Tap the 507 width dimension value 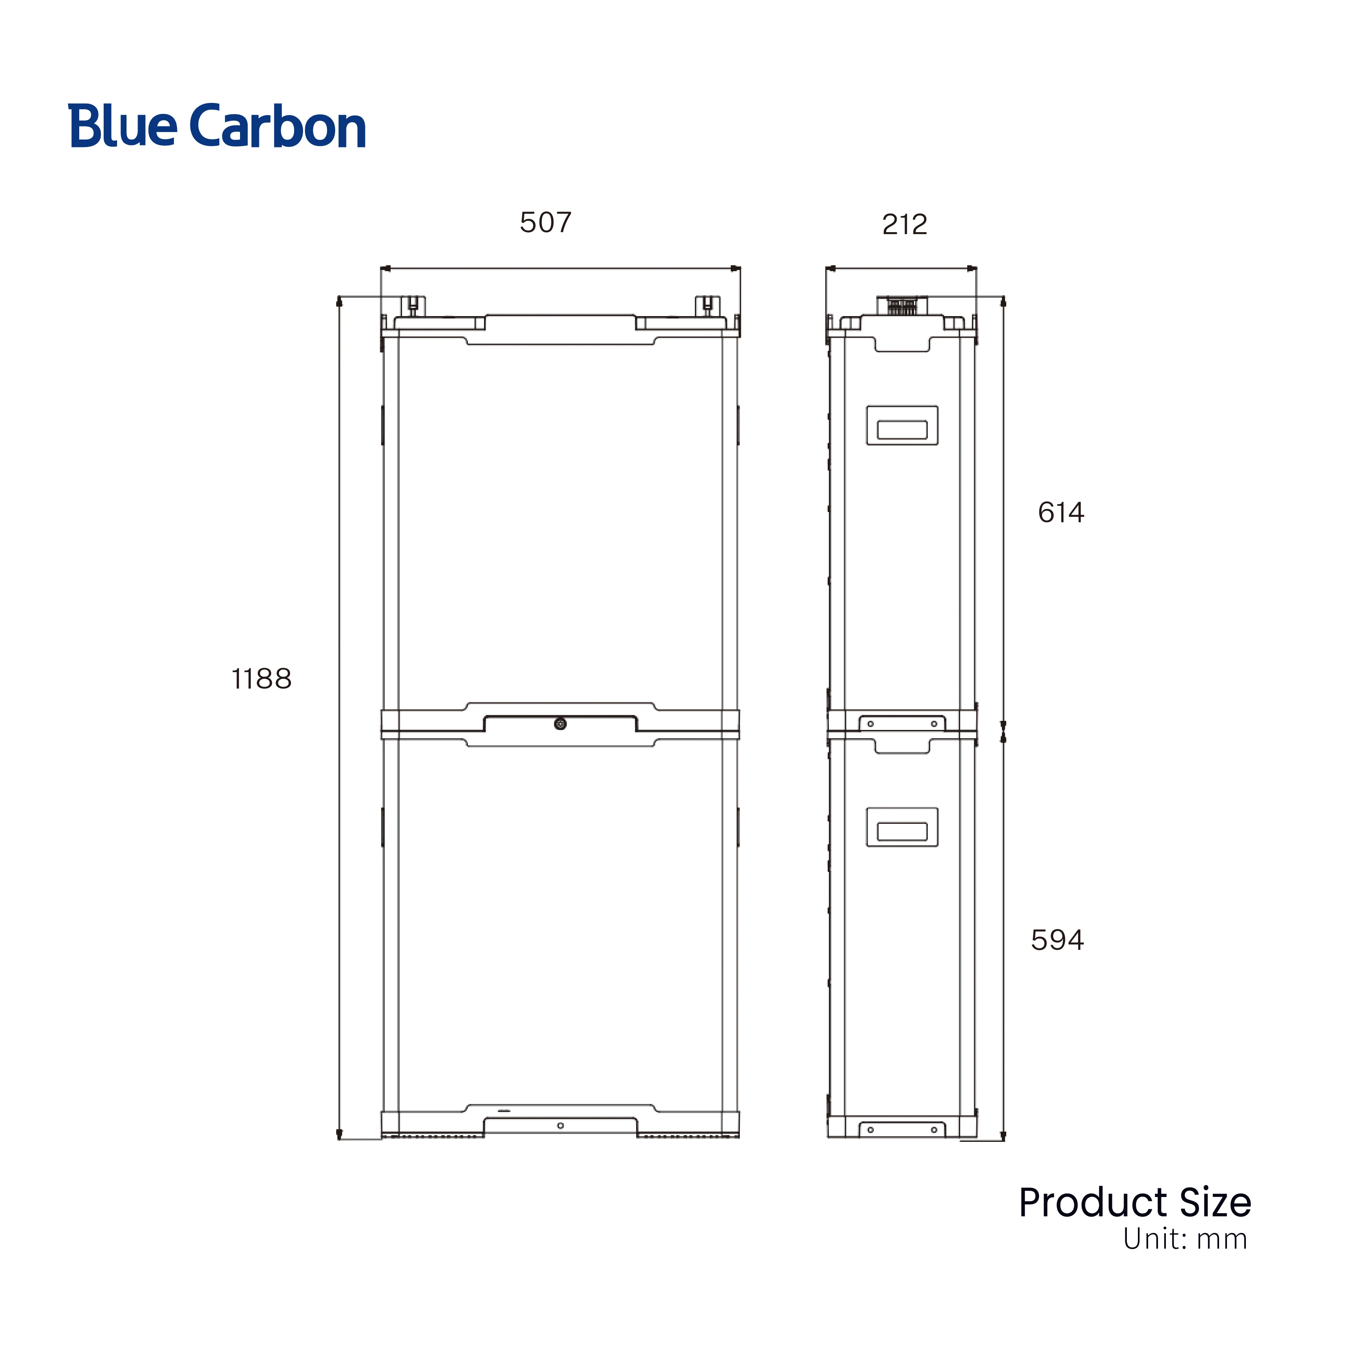tap(545, 223)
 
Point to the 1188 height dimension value tap(261, 679)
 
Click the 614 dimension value tap(1060, 513)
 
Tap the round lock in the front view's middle tap(560, 724)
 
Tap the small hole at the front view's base tap(560, 1126)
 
